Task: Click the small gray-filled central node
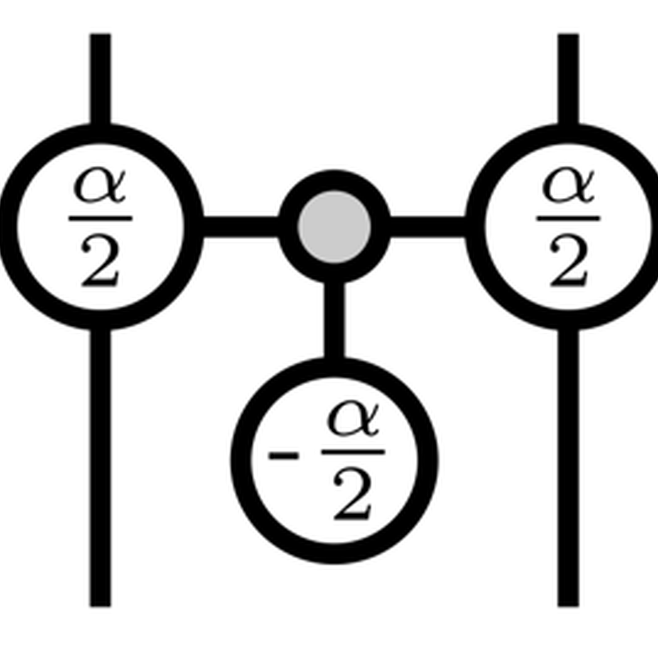click(334, 227)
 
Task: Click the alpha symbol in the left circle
click(100, 186)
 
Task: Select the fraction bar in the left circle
click(100, 218)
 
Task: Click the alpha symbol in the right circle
click(568, 186)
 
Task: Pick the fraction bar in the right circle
click(568, 218)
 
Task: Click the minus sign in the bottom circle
click(283, 456)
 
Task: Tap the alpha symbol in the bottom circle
click(353, 419)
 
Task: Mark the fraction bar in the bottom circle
click(353, 452)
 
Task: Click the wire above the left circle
click(100, 79)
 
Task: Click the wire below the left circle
click(100, 468)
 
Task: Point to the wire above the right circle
click(568, 79)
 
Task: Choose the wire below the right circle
click(568, 468)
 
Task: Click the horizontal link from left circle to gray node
click(241, 227)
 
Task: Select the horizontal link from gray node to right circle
click(428, 227)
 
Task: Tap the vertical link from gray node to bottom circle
click(334, 321)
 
